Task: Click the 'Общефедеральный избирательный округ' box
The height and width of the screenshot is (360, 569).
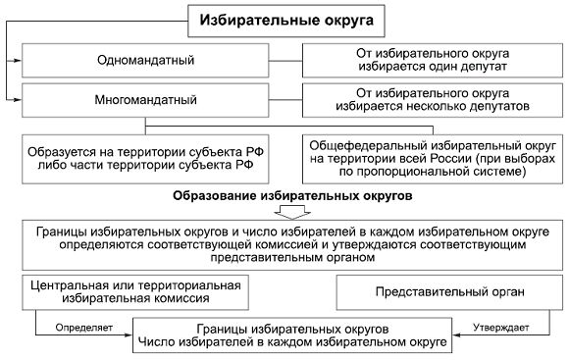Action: coord(430,157)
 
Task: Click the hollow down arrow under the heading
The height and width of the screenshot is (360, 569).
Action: coord(291,211)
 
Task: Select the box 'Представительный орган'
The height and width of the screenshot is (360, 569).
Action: coord(445,291)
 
